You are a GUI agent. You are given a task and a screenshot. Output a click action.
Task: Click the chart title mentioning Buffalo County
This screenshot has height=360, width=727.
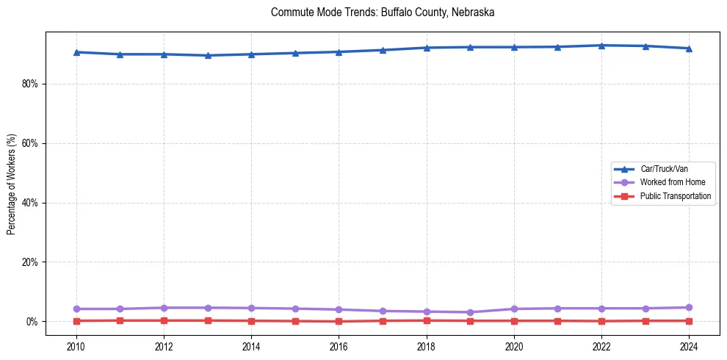pos(383,12)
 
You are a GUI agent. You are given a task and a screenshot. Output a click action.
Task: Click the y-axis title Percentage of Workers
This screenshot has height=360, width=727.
pos(11,184)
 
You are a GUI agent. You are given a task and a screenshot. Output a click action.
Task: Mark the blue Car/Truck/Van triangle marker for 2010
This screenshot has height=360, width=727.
pos(76,52)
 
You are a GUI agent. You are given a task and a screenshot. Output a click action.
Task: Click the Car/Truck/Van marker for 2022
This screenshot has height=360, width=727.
pos(601,46)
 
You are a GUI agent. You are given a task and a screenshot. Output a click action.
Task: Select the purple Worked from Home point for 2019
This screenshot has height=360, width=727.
pos(470,312)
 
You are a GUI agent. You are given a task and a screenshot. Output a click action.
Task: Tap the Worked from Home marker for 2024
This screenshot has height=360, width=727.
pos(689,308)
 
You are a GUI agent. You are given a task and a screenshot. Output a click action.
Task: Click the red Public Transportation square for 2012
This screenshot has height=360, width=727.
pos(164,320)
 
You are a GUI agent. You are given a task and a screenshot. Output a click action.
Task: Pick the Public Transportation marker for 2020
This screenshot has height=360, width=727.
pos(514,320)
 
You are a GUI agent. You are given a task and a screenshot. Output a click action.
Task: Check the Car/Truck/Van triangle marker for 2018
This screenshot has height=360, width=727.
pos(426,48)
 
